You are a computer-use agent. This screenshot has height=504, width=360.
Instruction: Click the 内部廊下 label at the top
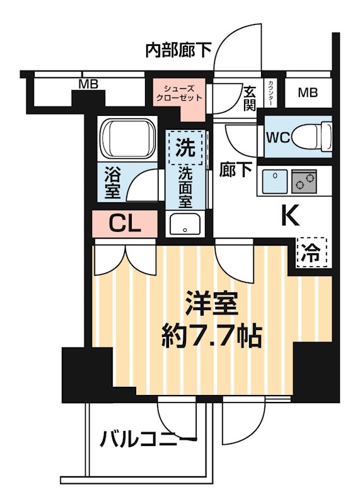click(x=178, y=50)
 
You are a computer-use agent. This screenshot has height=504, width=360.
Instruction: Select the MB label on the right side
click(x=307, y=93)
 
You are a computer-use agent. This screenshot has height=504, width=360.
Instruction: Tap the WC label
click(x=277, y=138)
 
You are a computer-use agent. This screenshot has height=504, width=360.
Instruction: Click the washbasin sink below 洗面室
click(x=185, y=224)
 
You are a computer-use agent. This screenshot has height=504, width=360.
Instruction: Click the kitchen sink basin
click(x=275, y=181)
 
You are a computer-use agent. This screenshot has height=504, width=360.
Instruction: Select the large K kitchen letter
click(x=289, y=215)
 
